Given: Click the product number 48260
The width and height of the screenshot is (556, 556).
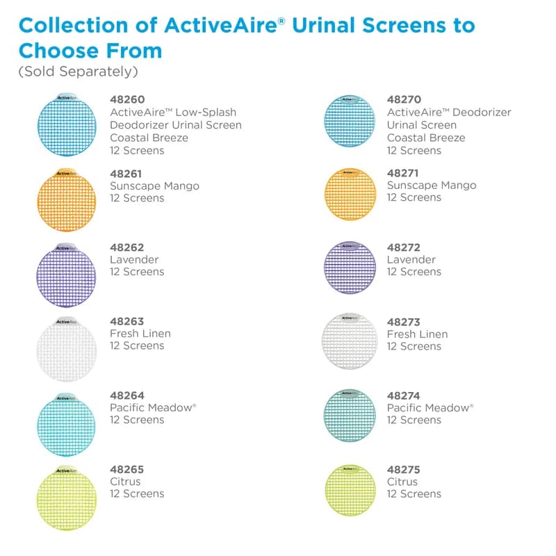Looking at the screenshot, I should point(127,100).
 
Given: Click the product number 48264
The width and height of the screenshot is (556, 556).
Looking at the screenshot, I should point(127,395).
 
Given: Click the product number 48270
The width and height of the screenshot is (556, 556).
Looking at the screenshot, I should point(404,100).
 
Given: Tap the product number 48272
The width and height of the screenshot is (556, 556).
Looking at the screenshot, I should point(404,247).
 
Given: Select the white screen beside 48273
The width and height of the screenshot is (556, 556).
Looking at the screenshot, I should point(350,341).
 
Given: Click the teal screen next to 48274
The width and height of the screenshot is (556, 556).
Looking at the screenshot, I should point(350,416).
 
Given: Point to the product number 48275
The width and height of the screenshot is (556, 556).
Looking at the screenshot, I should point(404,470).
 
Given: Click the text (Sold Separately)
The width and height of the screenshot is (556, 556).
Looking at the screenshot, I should point(78,72).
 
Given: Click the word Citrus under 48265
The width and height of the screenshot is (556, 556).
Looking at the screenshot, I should point(125,482).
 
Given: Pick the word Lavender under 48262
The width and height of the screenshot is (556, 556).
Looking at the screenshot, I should point(134,259).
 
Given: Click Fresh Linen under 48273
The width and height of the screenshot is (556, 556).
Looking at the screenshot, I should point(417,334).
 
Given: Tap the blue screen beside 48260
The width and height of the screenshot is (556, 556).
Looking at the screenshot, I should point(66,125).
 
